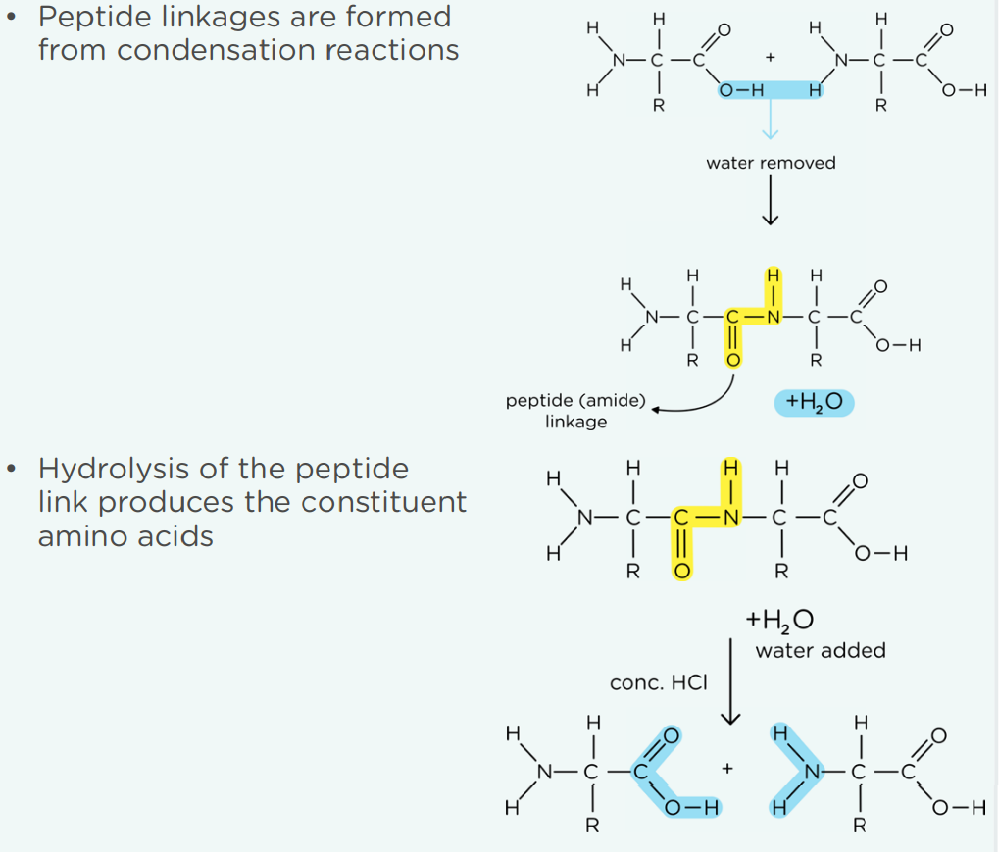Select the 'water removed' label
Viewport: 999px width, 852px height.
coord(771,163)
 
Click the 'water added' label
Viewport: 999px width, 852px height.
coord(821,651)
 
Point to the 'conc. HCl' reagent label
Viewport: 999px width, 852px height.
coord(659,683)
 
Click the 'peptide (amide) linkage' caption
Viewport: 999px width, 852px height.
coord(575,411)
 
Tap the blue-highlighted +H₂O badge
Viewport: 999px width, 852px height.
coord(815,403)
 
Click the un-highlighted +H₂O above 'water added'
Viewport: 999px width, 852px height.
coord(779,620)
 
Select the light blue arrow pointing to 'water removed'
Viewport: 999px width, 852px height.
coord(771,120)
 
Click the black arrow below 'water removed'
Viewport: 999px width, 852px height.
coord(771,199)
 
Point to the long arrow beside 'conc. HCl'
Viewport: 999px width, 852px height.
coord(730,681)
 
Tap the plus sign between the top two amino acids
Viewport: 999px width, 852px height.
coord(771,58)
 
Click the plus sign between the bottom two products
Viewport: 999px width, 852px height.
coord(727,769)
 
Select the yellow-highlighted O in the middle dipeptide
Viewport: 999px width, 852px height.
coord(733,360)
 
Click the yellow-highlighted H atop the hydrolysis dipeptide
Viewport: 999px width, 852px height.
coord(730,469)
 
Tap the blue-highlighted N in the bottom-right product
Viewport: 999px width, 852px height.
coord(812,773)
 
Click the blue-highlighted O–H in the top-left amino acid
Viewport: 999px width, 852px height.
coord(741,90)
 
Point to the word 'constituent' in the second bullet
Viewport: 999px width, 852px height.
coord(384,502)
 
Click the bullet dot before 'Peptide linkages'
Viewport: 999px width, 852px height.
coord(11,18)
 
